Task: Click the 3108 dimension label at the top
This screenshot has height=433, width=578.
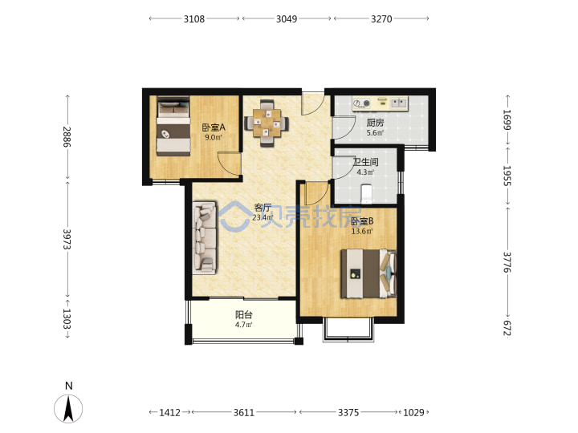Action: pos(194,18)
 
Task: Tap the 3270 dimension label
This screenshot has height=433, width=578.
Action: pos(381,18)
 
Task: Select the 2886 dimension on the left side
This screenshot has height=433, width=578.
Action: pos(67,136)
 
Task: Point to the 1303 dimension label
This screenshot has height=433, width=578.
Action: pos(67,318)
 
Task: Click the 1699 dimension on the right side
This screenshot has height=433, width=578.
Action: pos(507,119)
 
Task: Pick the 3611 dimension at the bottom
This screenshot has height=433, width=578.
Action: pos(244,412)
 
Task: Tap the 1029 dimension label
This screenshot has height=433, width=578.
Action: pos(413,412)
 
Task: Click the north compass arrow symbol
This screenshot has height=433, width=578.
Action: pos(68,408)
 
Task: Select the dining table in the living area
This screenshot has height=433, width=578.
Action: pos(267,123)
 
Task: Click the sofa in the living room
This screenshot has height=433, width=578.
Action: pos(204,237)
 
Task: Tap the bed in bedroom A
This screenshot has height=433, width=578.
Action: pos(173,127)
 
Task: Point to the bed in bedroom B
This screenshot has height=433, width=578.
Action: pos(368,273)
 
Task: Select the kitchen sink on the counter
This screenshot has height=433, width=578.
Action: pos(399,103)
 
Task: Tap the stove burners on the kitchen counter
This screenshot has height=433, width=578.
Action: pos(361,103)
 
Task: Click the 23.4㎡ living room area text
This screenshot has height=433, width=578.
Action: pos(263,217)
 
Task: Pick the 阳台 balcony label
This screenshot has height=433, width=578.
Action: pos(244,315)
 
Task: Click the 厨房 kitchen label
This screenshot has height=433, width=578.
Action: pos(375,123)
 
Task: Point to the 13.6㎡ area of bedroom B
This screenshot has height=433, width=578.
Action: pos(361,231)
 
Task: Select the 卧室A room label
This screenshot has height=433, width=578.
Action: pos(214,127)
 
